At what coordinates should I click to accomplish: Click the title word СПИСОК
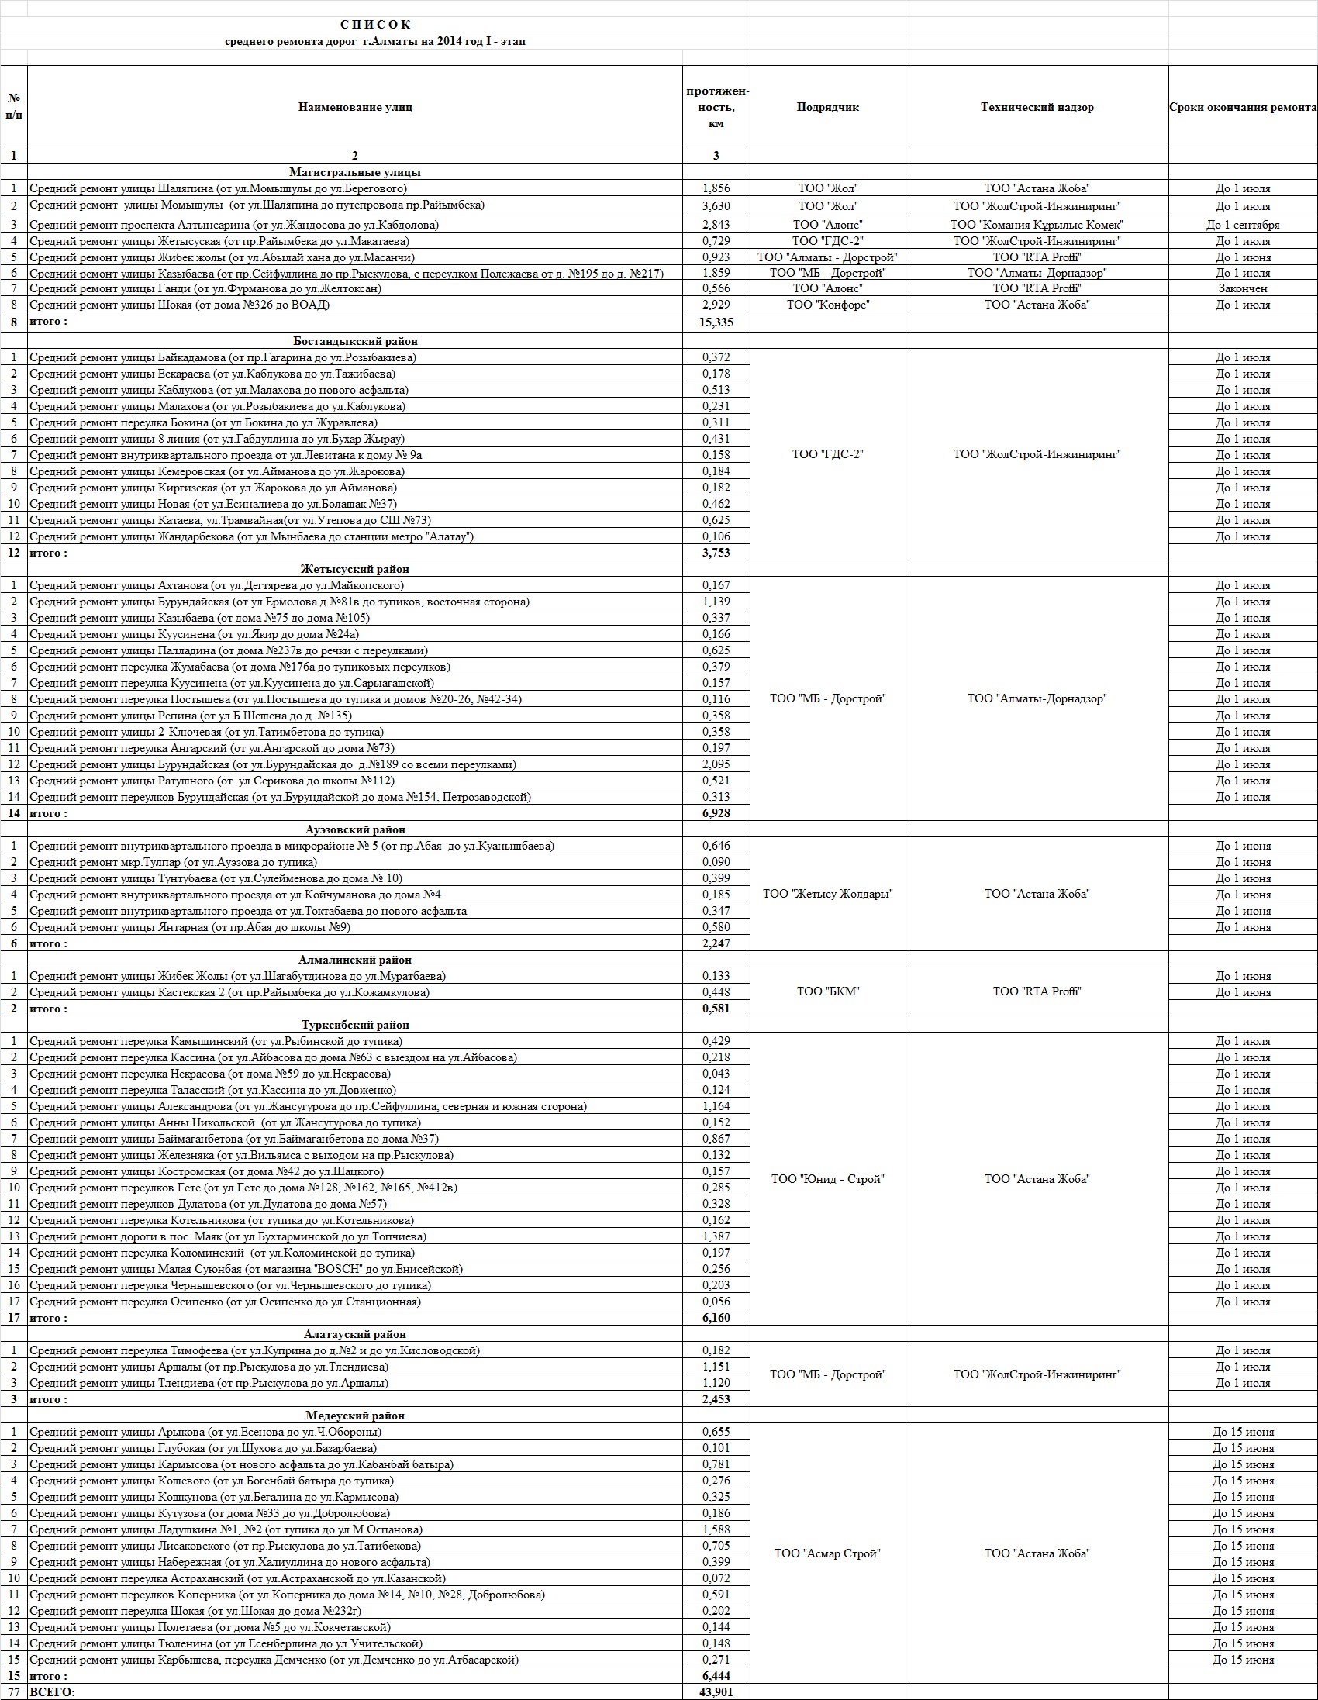[375, 25]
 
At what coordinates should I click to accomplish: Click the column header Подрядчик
[827, 108]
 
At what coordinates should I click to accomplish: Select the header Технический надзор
[1037, 108]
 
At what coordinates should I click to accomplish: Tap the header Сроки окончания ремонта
[1243, 108]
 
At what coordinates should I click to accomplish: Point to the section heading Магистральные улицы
[355, 172]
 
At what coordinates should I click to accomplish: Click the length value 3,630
[716, 206]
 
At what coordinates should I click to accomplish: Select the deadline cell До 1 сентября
[1243, 225]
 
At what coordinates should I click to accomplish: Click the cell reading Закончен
[1243, 289]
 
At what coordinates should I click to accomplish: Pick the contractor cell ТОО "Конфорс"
[827, 305]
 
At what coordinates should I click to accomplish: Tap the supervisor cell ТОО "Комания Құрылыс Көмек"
[1037, 225]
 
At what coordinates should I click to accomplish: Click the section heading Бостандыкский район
[355, 341]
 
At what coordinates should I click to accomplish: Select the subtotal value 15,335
[716, 322]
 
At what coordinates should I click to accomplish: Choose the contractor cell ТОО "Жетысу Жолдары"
[827, 895]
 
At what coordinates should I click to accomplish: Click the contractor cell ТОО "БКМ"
[827, 991]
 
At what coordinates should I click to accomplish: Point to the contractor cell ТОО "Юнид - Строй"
[827, 1179]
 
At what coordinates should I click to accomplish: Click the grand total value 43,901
[716, 1692]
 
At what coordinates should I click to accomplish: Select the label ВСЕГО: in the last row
[52, 1692]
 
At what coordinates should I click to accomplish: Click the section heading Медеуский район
[355, 1416]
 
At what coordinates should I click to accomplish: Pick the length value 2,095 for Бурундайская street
[716, 764]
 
